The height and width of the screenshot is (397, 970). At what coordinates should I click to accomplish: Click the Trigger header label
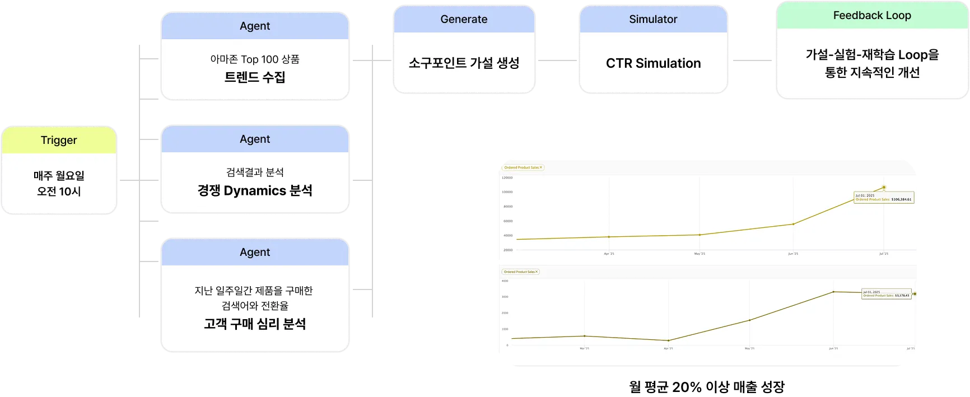point(59,140)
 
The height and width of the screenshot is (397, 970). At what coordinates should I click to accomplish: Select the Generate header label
point(464,19)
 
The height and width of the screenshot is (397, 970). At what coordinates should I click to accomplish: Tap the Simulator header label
point(653,19)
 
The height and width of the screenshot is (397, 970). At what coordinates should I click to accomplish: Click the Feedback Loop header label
point(872,16)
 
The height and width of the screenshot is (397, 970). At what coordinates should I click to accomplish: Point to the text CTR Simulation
point(653,63)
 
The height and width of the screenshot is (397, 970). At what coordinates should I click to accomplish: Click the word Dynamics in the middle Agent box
point(255,191)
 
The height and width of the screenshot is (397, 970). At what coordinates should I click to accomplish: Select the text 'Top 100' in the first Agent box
point(260,59)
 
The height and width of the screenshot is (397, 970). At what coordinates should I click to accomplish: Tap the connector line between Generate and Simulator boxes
point(557,60)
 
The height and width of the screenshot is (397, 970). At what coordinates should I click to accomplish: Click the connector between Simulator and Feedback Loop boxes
point(752,60)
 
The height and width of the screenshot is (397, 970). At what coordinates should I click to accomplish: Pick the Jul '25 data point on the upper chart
point(884,188)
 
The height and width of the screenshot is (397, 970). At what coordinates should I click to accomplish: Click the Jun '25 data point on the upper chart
point(793,224)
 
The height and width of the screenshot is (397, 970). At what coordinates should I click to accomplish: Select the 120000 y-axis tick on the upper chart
point(507,178)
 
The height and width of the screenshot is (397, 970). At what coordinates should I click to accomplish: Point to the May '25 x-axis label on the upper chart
point(699,254)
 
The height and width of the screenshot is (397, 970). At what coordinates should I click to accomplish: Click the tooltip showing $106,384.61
point(883,198)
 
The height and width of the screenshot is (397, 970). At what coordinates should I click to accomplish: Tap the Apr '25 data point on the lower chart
point(668,340)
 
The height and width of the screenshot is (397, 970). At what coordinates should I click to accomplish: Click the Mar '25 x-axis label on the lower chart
point(584,348)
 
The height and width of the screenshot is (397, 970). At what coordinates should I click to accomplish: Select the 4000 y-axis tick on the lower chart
point(505,281)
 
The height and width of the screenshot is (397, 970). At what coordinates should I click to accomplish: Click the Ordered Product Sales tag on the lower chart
point(520,272)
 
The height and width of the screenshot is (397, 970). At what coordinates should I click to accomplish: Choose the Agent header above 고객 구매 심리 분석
point(255,252)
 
